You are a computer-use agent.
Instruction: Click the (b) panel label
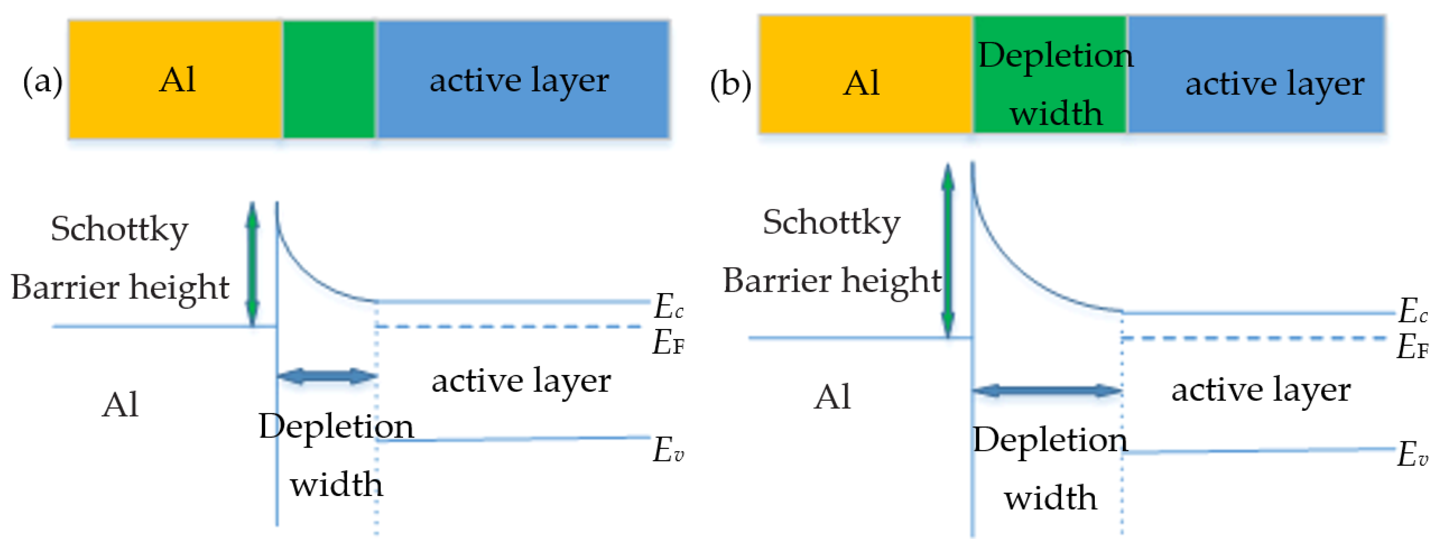pos(730,85)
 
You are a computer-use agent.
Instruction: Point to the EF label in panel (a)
pos(668,342)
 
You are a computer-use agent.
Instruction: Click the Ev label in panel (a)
pos(668,450)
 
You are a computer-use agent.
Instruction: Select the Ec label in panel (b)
pos(1412,311)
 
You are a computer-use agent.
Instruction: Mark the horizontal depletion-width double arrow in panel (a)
pos(327,376)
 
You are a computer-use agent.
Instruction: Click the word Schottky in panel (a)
pos(119,230)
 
